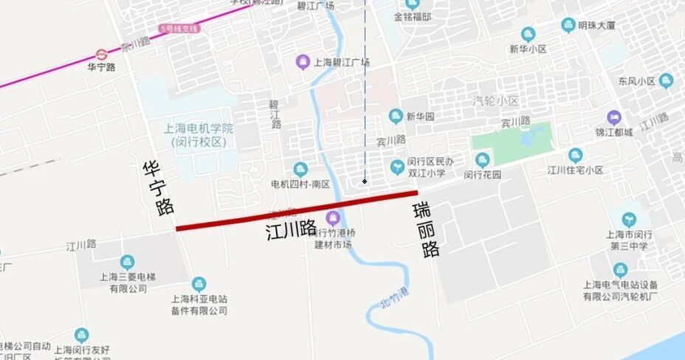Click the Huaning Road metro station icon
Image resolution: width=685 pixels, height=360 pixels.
pyautogui.click(x=101, y=55)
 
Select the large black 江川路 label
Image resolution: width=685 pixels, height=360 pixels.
pyautogui.click(x=291, y=229)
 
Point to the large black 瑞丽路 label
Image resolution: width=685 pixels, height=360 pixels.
pyautogui.click(x=427, y=228)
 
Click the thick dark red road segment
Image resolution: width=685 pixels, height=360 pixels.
pyautogui.click(x=295, y=210)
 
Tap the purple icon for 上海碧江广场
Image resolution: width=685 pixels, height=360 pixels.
pyautogui.click(x=301, y=62)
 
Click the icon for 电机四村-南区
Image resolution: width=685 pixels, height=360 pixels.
pyautogui.click(x=300, y=169)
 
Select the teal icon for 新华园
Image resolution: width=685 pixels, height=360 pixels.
pyautogui.click(x=396, y=117)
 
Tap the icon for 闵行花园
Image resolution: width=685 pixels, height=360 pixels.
pyautogui.click(x=483, y=159)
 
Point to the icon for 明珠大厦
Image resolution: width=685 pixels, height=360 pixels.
pyautogui.click(x=568, y=25)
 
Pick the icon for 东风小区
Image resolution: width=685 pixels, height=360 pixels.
pyautogui.click(x=667, y=80)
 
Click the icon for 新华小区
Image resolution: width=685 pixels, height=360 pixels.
pyautogui.click(x=528, y=34)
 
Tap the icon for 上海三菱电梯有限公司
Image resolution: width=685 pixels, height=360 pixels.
pyautogui.click(x=128, y=262)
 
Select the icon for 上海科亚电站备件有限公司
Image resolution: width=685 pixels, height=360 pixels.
pyautogui.click(x=199, y=284)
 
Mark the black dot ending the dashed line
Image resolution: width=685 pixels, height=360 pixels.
pyautogui.click(x=365, y=181)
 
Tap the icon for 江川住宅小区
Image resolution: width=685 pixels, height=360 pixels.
pyautogui.click(x=575, y=155)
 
